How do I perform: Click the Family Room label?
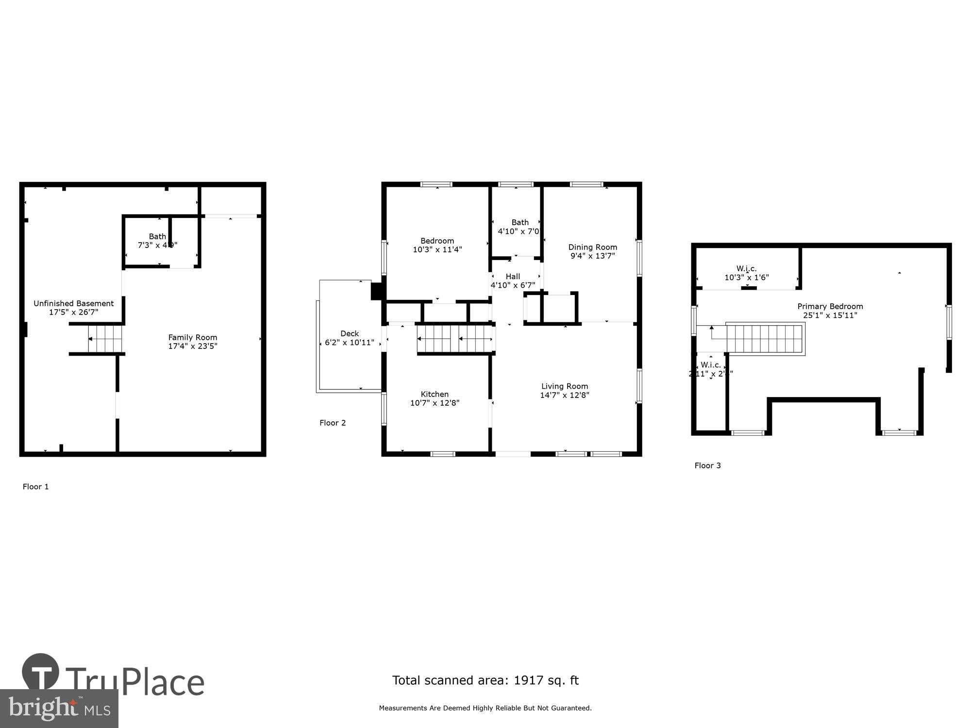pos(193,337)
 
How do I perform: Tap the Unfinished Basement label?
pos(74,303)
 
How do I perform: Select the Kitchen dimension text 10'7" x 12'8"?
pos(435,403)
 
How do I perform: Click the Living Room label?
pos(565,386)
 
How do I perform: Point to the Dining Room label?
pos(593,247)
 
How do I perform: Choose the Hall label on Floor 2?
pos(513,277)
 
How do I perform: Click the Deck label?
pos(350,333)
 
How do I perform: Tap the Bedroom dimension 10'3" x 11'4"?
pos(437,249)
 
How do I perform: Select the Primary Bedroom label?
pos(830,306)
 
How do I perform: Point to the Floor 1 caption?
pos(36,487)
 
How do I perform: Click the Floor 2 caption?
pos(333,423)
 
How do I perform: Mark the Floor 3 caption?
pos(707,465)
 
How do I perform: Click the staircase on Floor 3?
pos(765,339)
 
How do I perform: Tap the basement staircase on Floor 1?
pos(104,339)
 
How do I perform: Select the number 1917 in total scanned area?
pos(529,680)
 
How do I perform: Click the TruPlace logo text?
pos(134,682)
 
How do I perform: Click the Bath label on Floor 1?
pos(157,236)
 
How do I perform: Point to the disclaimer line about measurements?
pos(485,708)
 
